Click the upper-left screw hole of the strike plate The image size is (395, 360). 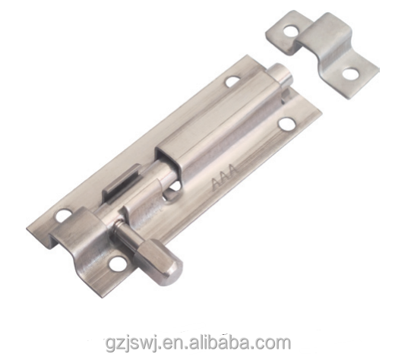pyautogui.click(x=289, y=31)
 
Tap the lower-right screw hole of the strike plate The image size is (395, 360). pyautogui.click(x=351, y=74)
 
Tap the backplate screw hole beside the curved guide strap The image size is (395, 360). pyautogui.click(x=62, y=214)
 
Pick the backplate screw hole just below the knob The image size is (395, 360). pyautogui.click(x=118, y=264)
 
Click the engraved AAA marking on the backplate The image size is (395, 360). pyautogui.click(x=224, y=177)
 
